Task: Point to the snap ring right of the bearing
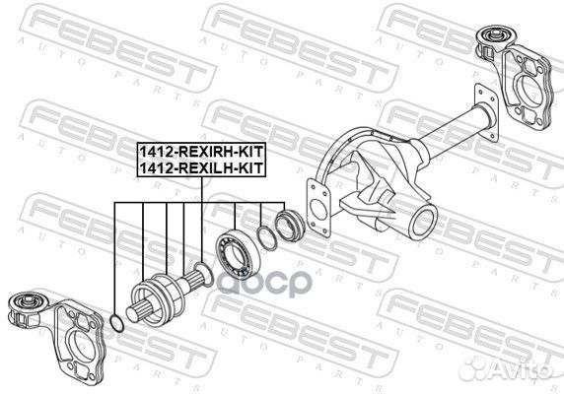click(266, 237)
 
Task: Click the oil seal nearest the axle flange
click(291, 224)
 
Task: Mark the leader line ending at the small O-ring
click(115, 256)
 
